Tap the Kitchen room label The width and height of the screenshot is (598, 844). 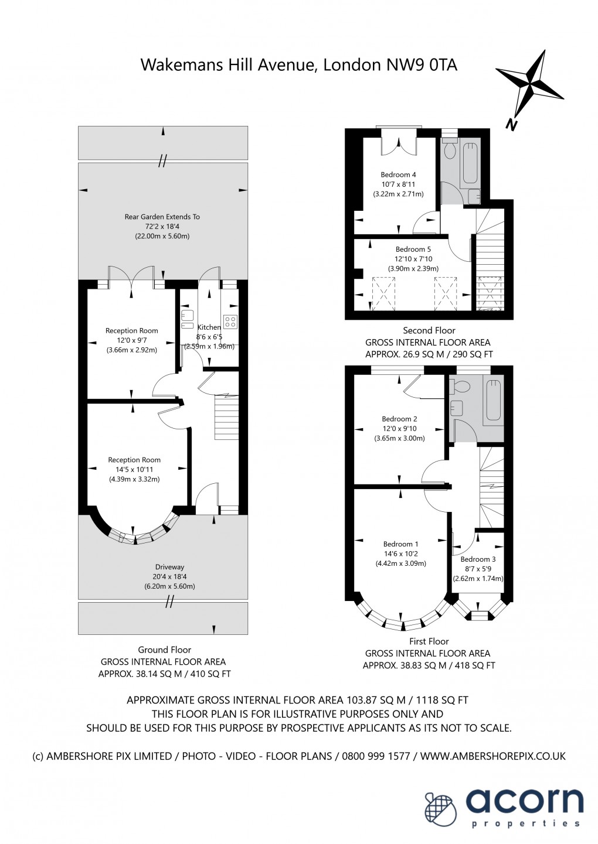pyautogui.click(x=209, y=327)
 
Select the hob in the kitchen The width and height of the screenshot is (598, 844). pyautogui.click(x=230, y=322)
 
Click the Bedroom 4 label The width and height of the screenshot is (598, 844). pyautogui.click(x=398, y=175)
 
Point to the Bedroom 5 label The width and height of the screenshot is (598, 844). pyautogui.click(x=413, y=250)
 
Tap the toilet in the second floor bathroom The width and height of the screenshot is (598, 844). pyautogui.click(x=450, y=151)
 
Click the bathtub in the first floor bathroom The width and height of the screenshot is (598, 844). pyautogui.click(x=494, y=399)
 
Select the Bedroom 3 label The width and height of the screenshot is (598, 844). pyautogui.click(x=478, y=559)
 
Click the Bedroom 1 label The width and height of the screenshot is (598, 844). pyautogui.click(x=400, y=544)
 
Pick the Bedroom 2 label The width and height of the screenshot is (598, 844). pyautogui.click(x=399, y=419)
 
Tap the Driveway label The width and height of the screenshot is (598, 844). pyautogui.click(x=169, y=567)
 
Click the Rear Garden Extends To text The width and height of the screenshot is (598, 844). pyautogui.click(x=162, y=217)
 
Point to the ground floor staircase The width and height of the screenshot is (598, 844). pyautogui.click(x=226, y=417)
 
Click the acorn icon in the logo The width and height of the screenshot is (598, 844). pyautogui.click(x=441, y=809)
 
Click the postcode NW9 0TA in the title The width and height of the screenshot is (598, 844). pyautogui.click(x=421, y=64)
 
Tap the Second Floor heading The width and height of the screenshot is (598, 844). pyautogui.click(x=429, y=330)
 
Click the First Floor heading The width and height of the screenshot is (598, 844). pyautogui.click(x=429, y=641)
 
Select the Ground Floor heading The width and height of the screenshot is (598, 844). pyautogui.click(x=164, y=650)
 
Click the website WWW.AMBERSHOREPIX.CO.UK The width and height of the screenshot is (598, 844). pyautogui.click(x=493, y=756)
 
